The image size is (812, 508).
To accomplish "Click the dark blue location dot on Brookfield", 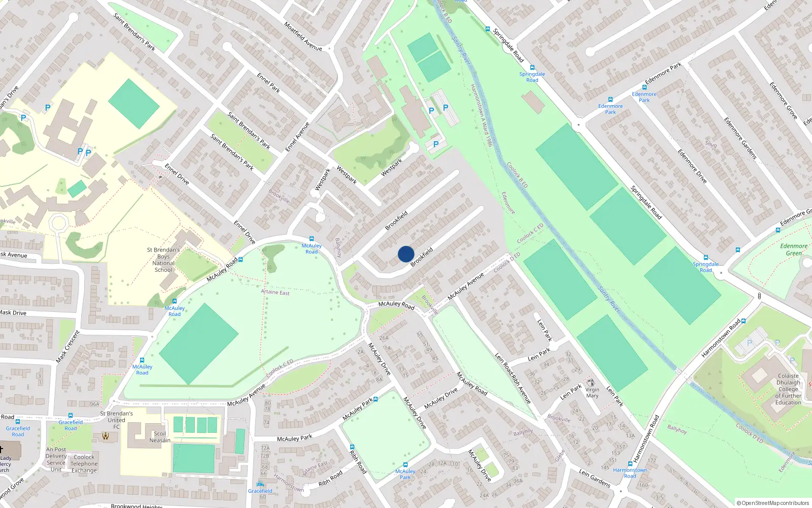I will [x=406, y=254].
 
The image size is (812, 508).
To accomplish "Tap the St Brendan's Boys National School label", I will [x=163, y=260].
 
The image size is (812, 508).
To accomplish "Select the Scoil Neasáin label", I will [x=160, y=437].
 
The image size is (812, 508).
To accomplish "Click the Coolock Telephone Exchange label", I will [x=84, y=464].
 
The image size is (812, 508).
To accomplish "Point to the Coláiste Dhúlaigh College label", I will [x=788, y=389].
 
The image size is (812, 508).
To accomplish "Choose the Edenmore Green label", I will [x=794, y=249].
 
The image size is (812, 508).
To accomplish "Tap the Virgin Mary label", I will [x=592, y=392].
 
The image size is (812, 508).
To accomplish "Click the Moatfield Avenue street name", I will [x=303, y=36].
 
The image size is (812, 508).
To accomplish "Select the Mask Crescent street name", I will [x=68, y=346].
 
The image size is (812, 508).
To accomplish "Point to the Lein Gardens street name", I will [x=595, y=478].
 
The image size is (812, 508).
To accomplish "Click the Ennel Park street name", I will [x=268, y=83].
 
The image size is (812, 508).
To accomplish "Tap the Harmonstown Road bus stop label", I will [x=630, y=473].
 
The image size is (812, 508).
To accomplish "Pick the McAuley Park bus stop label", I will [x=405, y=474].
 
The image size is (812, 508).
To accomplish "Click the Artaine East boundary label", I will [x=275, y=292].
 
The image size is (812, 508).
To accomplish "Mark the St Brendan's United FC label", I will [x=116, y=420].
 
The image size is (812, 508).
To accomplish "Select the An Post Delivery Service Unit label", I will [x=56, y=459].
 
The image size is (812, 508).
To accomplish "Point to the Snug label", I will [x=710, y=144].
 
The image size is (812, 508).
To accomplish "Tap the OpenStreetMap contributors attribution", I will [x=773, y=503].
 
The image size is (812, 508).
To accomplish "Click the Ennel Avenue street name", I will [x=297, y=137].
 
